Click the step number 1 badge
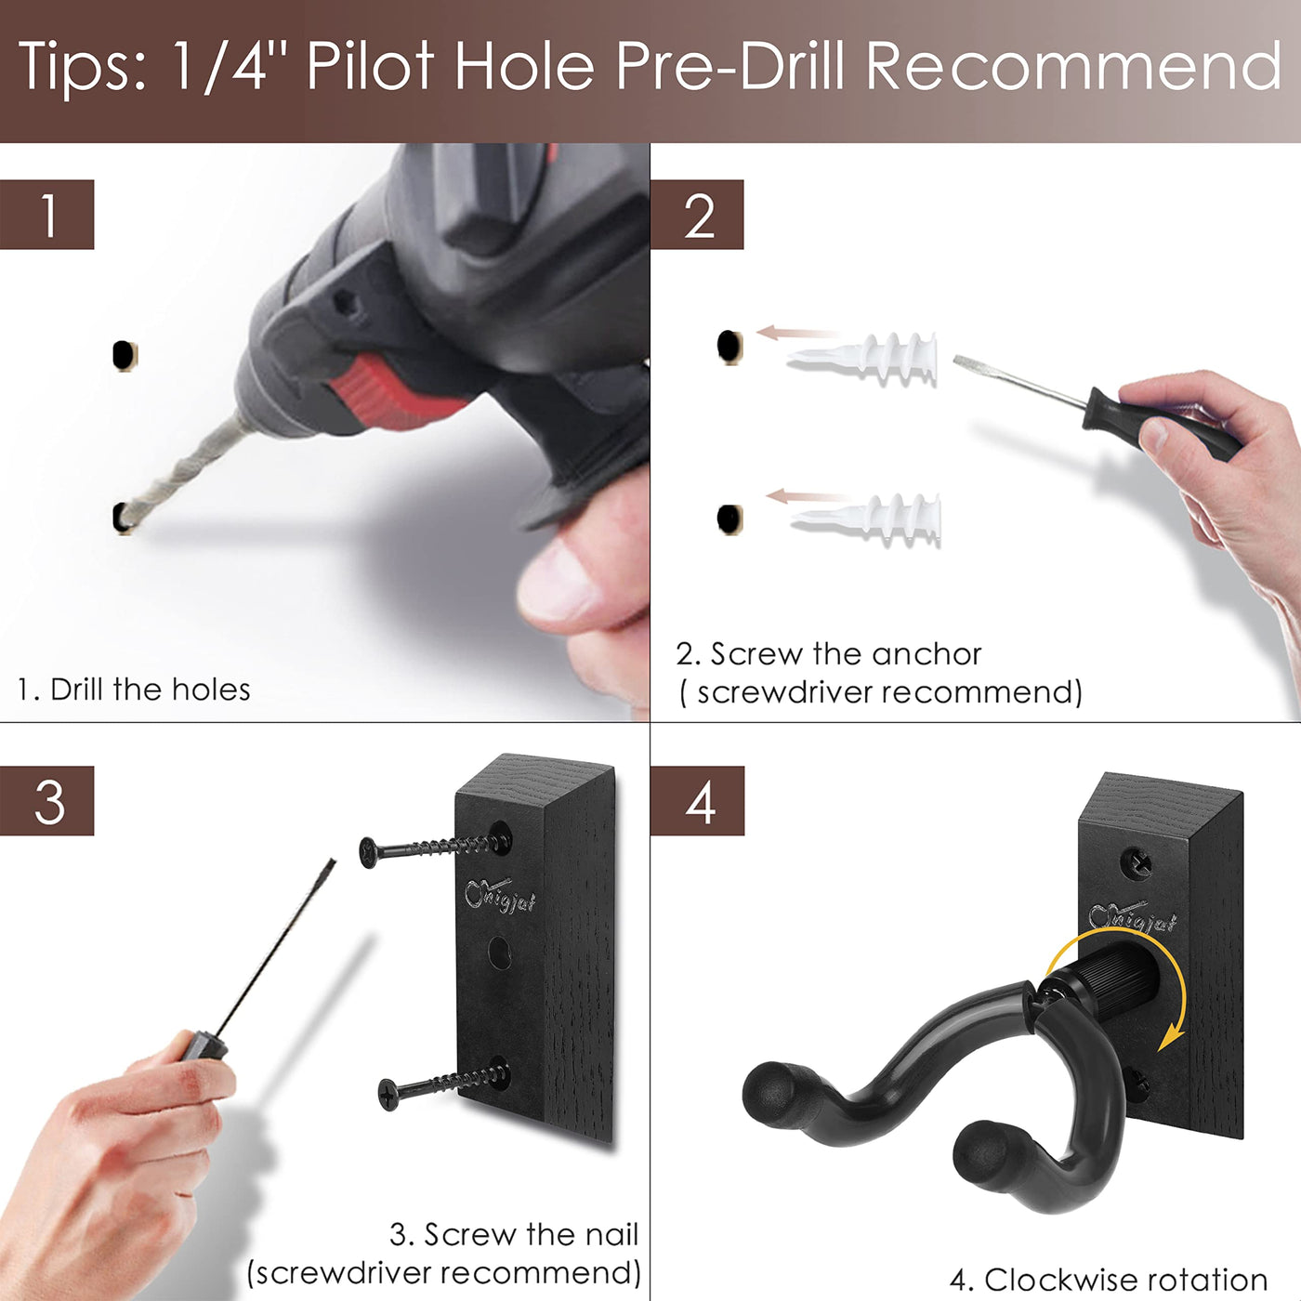pyautogui.click(x=46, y=214)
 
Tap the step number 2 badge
pyautogui.click(x=697, y=214)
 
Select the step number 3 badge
pyautogui.click(x=46, y=801)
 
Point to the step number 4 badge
pyautogui.click(x=697, y=801)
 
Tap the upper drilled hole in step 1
pyautogui.click(x=124, y=355)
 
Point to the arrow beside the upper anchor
pyautogui.click(x=796, y=332)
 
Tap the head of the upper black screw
pyautogui.click(x=369, y=853)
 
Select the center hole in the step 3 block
pyautogui.click(x=500, y=953)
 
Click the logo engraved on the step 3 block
pyautogui.click(x=499, y=896)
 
